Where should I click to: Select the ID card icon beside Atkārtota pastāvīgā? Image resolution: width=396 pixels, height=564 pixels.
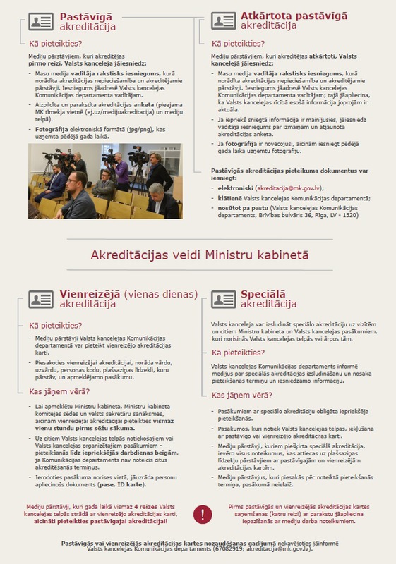[x=224, y=20]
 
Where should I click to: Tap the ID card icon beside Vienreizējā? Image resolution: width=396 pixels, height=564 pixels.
[x=41, y=298]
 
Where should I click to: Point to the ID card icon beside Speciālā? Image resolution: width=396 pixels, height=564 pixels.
[x=224, y=298]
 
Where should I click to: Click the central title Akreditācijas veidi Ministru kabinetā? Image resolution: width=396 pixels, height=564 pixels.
[x=197, y=255]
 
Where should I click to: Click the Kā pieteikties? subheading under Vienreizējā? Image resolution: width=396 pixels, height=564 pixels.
[x=54, y=326]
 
